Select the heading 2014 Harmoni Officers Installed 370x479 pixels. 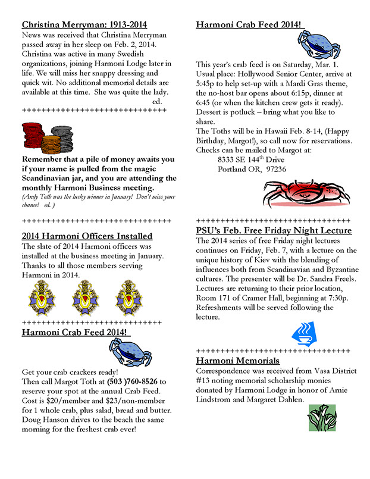(x=87, y=236)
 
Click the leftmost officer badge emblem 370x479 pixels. (x=42, y=298)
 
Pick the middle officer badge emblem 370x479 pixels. (x=84, y=298)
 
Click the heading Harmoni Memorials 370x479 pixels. (x=237, y=361)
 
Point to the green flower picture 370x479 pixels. (x=322, y=417)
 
